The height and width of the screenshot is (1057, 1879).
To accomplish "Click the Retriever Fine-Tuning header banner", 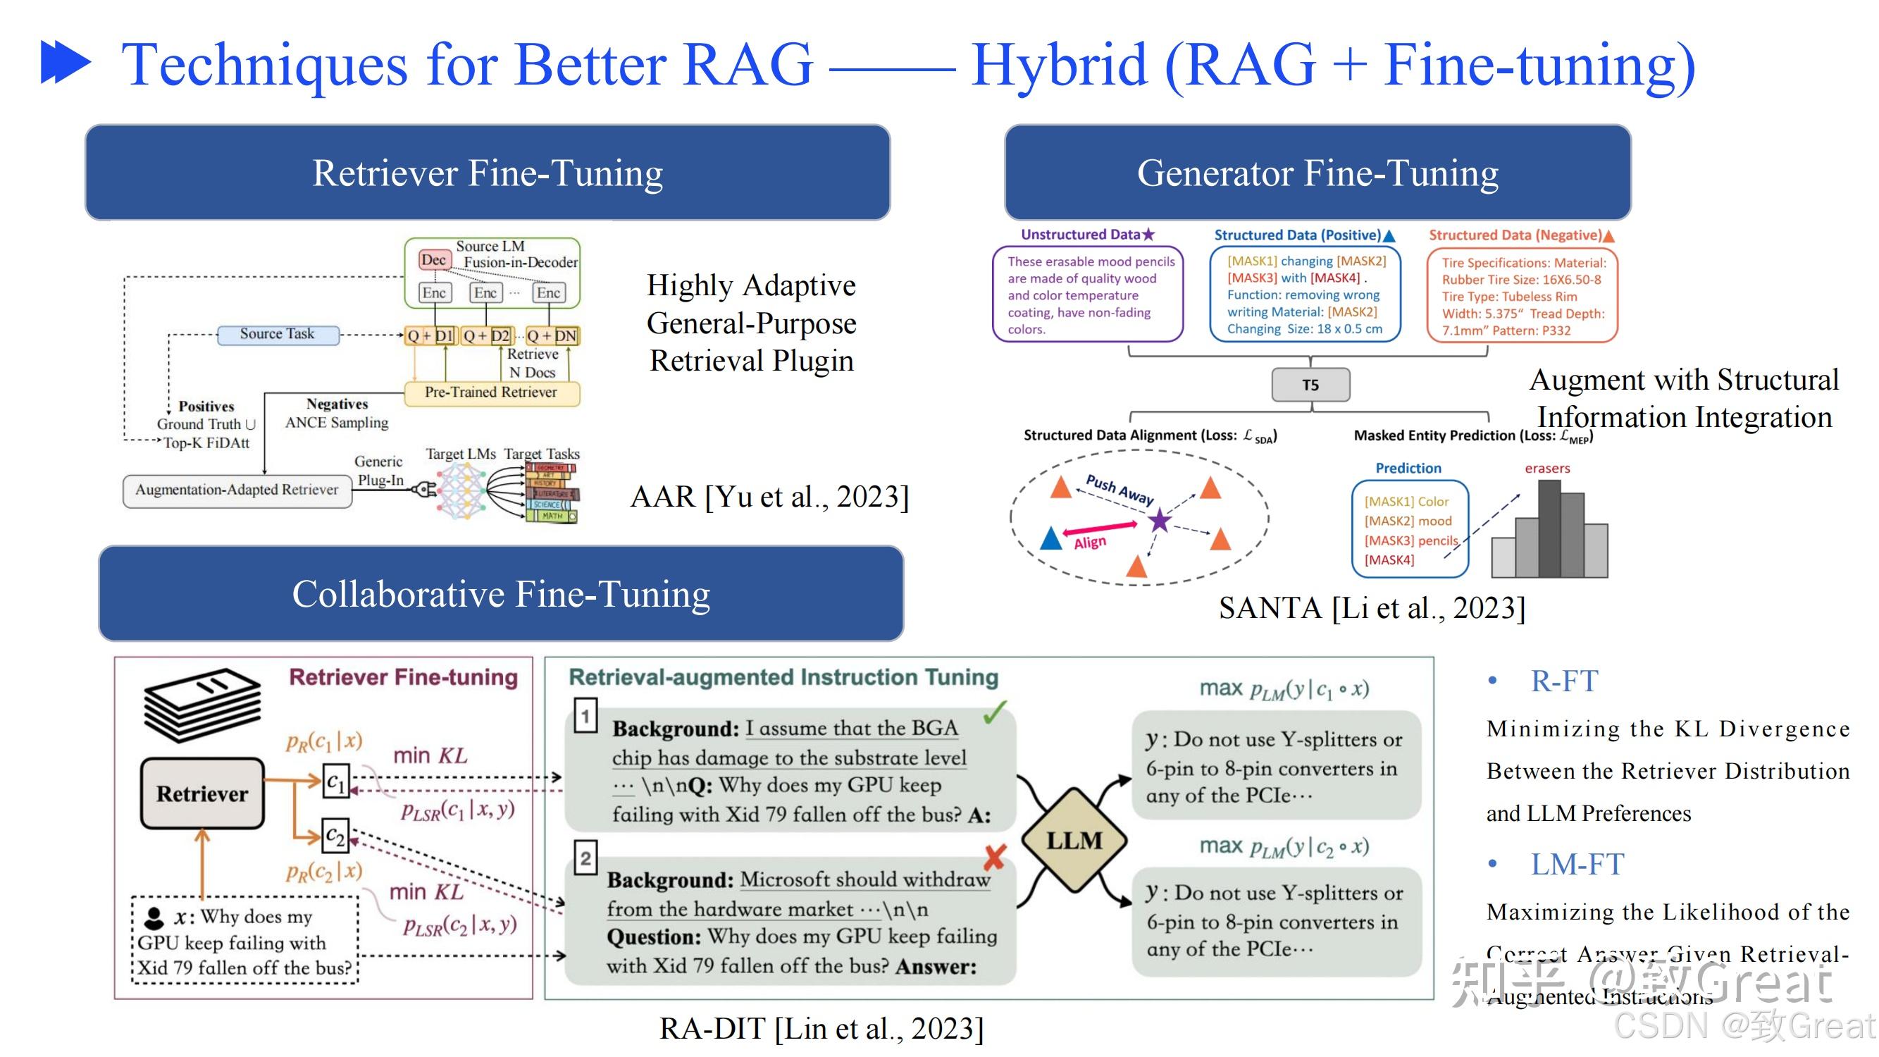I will click(x=488, y=173).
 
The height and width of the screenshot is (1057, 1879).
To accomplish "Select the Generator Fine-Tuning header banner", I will click(x=1317, y=173).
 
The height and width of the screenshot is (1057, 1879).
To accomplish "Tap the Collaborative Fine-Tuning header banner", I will click(x=500, y=593).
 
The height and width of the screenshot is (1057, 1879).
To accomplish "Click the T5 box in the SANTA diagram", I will click(x=1310, y=385).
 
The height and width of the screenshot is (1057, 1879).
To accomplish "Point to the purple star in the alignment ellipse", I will click(x=1159, y=520).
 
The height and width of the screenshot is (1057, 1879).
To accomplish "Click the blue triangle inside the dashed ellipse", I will click(x=1050, y=538).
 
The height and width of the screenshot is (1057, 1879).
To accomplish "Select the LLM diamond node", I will click(x=1074, y=840).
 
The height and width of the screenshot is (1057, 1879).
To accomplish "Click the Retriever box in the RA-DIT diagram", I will click(x=202, y=793).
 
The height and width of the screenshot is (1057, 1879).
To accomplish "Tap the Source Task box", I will click(x=277, y=334).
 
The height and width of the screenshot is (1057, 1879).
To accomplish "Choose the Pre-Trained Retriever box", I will click(x=491, y=392).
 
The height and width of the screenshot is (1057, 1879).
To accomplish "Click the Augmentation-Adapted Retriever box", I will click(x=237, y=490).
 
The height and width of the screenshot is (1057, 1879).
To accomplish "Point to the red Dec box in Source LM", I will click(x=433, y=260).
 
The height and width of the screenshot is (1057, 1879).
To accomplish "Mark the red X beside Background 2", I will click(x=995, y=857).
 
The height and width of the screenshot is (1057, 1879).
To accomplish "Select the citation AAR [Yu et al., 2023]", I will click(x=769, y=497).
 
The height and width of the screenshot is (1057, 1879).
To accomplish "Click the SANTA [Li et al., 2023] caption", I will click(x=1371, y=607).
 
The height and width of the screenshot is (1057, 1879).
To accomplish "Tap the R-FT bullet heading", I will click(x=1563, y=681).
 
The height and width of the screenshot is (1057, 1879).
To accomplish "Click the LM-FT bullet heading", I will click(x=1576, y=864).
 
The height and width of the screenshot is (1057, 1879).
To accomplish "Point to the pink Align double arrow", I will click(x=1100, y=527).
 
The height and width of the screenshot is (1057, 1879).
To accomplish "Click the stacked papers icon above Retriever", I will click(x=202, y=704).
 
